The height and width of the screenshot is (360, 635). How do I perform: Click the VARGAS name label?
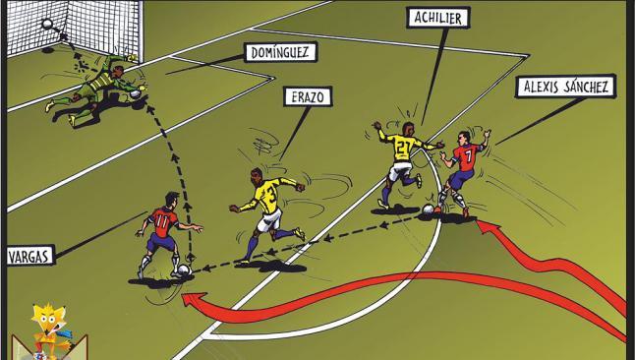(29, 256)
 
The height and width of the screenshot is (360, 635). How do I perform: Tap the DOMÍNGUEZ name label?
(280, 52)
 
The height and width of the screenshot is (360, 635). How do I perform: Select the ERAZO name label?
(308, 96)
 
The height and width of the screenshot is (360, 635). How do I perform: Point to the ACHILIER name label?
(438, 18)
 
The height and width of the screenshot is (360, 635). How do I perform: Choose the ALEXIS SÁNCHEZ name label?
(565, 87)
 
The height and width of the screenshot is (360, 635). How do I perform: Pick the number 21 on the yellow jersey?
(403, 148)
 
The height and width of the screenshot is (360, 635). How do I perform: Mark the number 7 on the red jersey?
(468, 154)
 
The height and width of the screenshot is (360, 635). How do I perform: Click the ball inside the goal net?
(47, 24)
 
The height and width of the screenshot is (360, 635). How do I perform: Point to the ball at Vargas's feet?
(184, 270)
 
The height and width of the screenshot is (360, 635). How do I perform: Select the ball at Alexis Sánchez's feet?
(428, 210)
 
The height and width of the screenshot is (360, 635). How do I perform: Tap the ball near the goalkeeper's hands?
(136, 94)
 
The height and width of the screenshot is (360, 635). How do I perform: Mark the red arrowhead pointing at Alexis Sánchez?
(489, 226)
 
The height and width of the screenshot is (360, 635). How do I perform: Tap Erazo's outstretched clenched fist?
(299, 187)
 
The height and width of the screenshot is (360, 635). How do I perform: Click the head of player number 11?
(172, 199)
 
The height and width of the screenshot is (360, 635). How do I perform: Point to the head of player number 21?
(408, 129)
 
